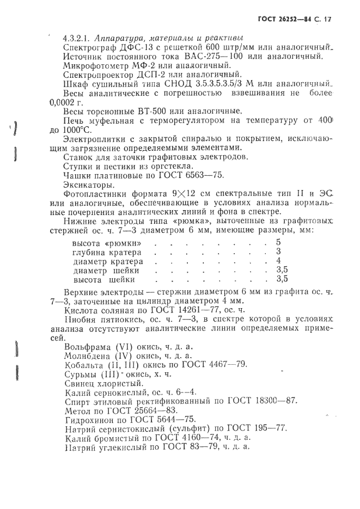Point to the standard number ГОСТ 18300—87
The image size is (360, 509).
(264, 400)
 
